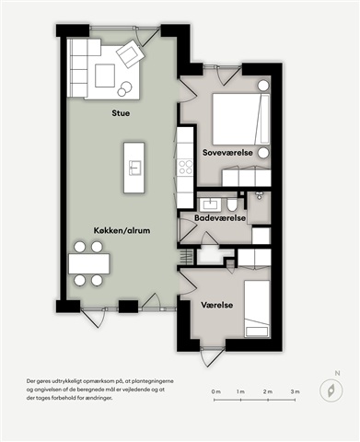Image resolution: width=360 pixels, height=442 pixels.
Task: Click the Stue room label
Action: pyautogui.click(x=121, y=113)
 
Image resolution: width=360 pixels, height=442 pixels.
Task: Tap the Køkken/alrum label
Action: pyautogui.click(x=122, y=230)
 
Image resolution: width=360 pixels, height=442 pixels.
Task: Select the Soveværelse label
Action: pyautogui.click(x=227, y=153)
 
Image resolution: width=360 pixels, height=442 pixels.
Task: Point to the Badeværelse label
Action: pyautogui.click(x=220, y=217)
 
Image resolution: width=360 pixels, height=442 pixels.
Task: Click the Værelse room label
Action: pyautogui.click(x=217, y=305)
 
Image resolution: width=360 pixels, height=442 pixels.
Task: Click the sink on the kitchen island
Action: pyautogui.click(x=134, y=168)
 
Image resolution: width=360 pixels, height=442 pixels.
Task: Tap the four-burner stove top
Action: pyautogui.click(x=185, y=167)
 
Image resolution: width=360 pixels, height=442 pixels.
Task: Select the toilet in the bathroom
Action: pyautogui.click(x=232, y=204)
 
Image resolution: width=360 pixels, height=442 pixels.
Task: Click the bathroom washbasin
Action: pyautogui.click(x=211, y=204)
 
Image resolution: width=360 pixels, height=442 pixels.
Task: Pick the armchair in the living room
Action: pyautogui.click(x=130, y=53)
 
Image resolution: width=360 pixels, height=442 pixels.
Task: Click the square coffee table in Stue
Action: pyautogui.click(x=105, y=76)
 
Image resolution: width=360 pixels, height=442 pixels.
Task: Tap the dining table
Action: pyautogui.click(x=89, y=263)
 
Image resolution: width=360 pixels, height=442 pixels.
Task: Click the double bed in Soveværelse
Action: pyautogui.click(x=241, y=119)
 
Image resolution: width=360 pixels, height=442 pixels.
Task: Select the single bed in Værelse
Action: pyautogui.click(x=257, y=308)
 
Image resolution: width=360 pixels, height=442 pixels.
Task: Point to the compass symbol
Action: pyautogui.click(x=331, y=390)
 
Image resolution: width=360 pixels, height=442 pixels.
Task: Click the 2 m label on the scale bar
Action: pyautogui.click(x=268, y=391)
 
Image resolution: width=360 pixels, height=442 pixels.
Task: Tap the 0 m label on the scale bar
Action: pyautogui.click(x=216, y=391)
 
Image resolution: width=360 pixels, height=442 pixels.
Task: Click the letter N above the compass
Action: pyautogui.click(x=337, y=374)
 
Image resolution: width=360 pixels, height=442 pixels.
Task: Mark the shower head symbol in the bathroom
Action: pyautogui.click(x=259, y=195)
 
